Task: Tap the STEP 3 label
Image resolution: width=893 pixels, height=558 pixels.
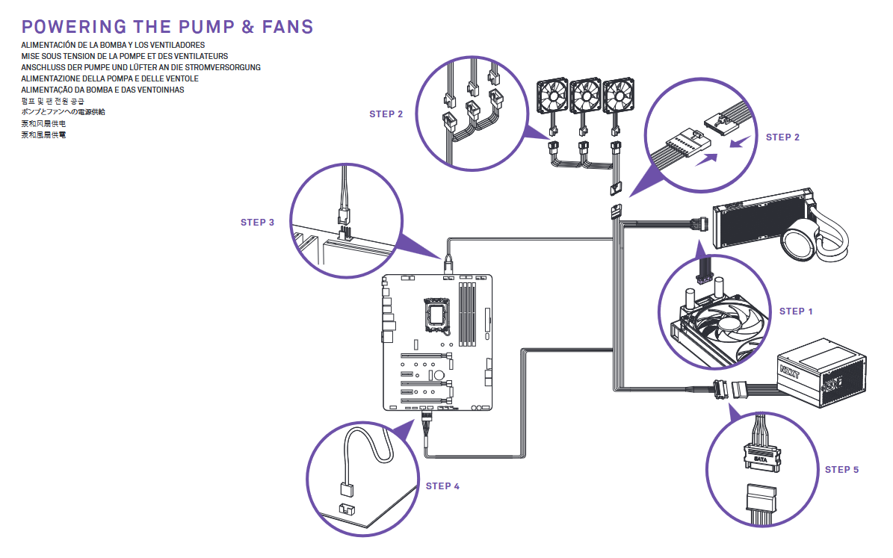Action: tap(257, 222)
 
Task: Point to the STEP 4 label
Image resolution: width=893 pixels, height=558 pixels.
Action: tap(442, 486)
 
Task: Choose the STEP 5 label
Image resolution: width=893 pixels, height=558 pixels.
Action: tap(841, 469)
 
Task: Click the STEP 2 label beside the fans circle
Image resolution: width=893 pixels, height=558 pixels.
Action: tap(386, 114)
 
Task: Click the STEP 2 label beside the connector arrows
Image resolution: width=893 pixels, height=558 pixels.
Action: tap(782, 137)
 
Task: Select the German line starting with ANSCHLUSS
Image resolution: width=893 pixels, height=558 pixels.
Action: tap(140, 67)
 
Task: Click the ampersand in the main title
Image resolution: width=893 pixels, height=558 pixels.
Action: tap(248, 27)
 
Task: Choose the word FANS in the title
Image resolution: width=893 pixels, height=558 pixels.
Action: tap(288, 27)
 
